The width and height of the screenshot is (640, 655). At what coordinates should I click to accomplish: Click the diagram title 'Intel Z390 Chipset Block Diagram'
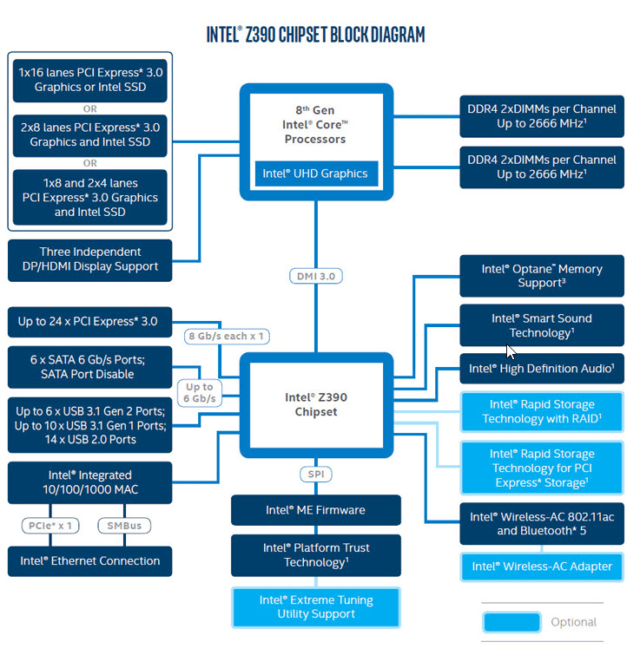tap(315, 35)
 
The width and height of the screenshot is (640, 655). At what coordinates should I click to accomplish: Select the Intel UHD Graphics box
tap(315, 174)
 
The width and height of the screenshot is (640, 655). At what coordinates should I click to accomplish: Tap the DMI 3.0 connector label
tap(315, 276)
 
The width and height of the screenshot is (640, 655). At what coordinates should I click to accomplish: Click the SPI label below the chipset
tap(315, 475)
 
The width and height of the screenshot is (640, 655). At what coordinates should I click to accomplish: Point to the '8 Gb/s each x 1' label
tap(227, 336)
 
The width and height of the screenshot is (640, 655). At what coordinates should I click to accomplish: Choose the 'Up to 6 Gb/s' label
tap(199, 393)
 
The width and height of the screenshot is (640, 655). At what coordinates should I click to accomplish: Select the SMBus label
tap(124, 525)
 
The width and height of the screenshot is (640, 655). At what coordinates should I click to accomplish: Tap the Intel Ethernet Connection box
tap(89, 560)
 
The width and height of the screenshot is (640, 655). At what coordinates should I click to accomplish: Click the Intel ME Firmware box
tap(315, 510)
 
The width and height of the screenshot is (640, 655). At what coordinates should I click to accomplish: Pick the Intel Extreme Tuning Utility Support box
tap(315, 606)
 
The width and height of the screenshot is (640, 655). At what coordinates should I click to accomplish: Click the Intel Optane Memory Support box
tap(541, 276)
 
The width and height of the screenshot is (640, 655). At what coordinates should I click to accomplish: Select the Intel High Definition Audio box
tap(541, 369)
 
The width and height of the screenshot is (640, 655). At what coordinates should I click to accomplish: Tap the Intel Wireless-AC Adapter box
tap(541, 567)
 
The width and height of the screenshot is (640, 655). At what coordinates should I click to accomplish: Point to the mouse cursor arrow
tap(511, 351)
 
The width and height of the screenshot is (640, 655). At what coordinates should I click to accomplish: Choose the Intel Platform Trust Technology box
tap(315, 555)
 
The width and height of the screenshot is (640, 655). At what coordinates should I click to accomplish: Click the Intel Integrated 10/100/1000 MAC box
tap(89, 482)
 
